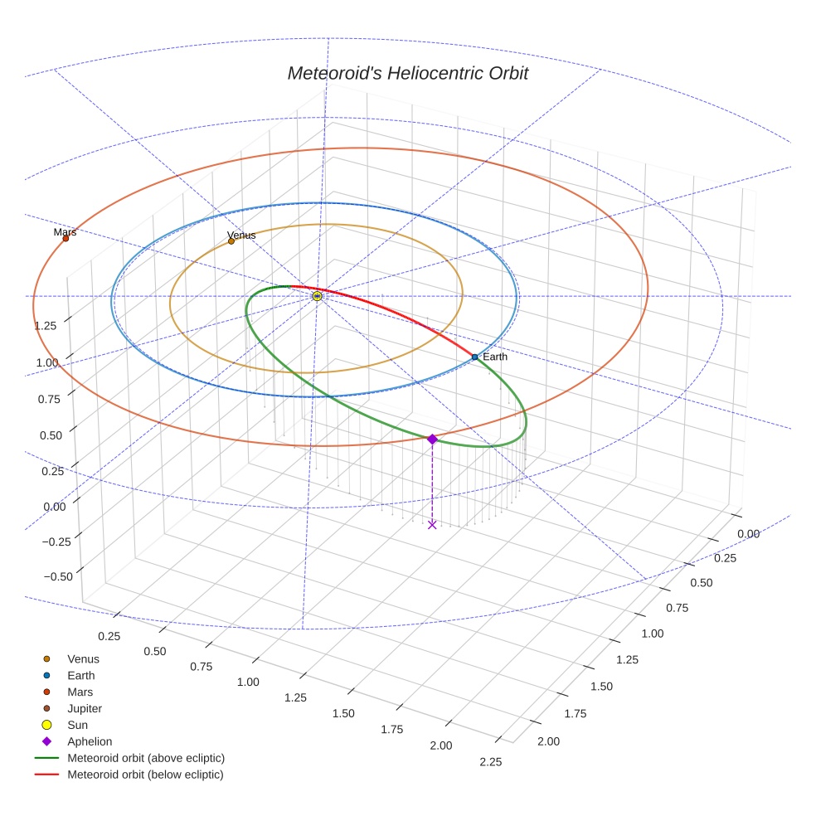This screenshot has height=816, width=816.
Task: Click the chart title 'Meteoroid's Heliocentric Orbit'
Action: click(x=407, y=73)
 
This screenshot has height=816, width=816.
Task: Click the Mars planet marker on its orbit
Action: click(x=66, y=239)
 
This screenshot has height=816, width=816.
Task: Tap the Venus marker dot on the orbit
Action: click(x=231, y=241)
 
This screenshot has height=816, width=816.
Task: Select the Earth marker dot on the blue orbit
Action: click(x=474, y=357)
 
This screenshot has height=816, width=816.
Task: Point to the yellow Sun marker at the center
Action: click(x=317, y=296)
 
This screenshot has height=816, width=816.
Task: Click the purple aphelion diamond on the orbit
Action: click(x=432, y=439)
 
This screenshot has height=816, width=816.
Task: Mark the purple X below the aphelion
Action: click(x=432, y=524)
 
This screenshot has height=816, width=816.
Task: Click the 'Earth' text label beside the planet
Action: click(x=495, y=357)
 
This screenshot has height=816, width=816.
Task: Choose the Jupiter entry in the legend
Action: click(x=85, y=708)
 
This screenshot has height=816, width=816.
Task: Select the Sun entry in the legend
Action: click(x=79, y=725)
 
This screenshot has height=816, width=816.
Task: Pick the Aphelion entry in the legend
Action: click(x=89, y=741)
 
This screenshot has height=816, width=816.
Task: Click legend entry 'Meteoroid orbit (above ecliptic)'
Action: click(x=145, y=758)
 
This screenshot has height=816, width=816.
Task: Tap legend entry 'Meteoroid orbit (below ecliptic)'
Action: click(x=145, y=775)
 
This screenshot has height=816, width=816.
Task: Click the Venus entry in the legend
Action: click(x=83, y=658)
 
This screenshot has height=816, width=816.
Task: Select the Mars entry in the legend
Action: click(x=80, y=692)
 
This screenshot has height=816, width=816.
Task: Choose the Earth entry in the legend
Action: click(x=80, y=675)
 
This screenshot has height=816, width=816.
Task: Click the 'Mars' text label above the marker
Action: click(x=65, y=232)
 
